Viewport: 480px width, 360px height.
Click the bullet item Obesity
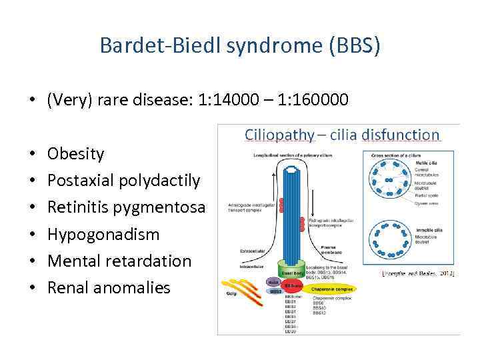point(76,154)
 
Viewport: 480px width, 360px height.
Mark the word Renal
point(69,287)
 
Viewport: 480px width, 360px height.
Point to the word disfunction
point(401,135)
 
